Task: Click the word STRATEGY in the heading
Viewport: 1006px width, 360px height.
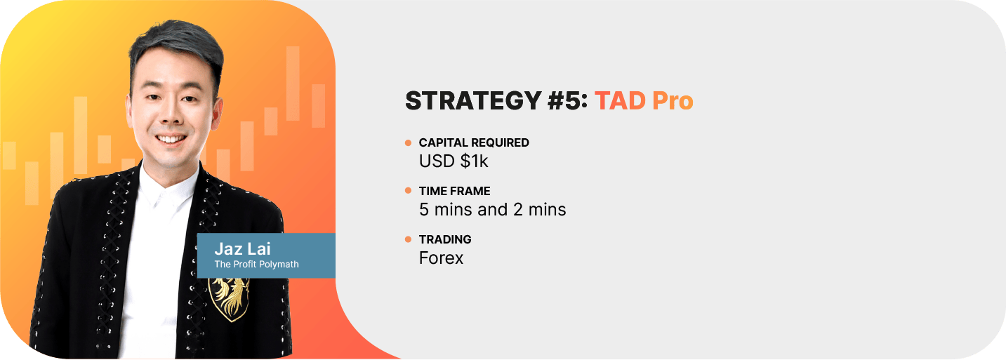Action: [x=473, y=100]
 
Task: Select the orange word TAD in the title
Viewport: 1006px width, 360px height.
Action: [x=620, y=100]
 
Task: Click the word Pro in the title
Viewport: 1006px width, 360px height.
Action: [x=673, y=100]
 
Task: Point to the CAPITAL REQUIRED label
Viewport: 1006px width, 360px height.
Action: [x=474, y=142]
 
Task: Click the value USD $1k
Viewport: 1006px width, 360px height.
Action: [x=453, y=161]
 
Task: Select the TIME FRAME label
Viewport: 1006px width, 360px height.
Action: [x=454, y=191]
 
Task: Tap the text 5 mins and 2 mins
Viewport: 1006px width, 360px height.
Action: [x=492, y=210]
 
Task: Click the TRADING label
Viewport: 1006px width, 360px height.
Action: [x=445, y=240]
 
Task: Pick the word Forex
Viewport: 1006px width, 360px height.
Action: [x=441, y=258]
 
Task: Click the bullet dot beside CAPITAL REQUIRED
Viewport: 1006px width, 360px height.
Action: [x=408, y=142]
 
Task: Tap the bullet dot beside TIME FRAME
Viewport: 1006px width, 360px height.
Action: [x=408, y=191]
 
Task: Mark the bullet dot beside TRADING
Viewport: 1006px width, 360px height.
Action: [x=408, y=239]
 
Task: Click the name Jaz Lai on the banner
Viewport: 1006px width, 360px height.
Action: [x=242, y=248]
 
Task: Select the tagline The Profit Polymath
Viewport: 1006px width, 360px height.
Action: [x=256, y=265]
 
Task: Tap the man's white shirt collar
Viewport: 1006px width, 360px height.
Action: [x=168, y=184]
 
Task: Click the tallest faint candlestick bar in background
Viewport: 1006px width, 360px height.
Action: [x=293, y=84]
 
